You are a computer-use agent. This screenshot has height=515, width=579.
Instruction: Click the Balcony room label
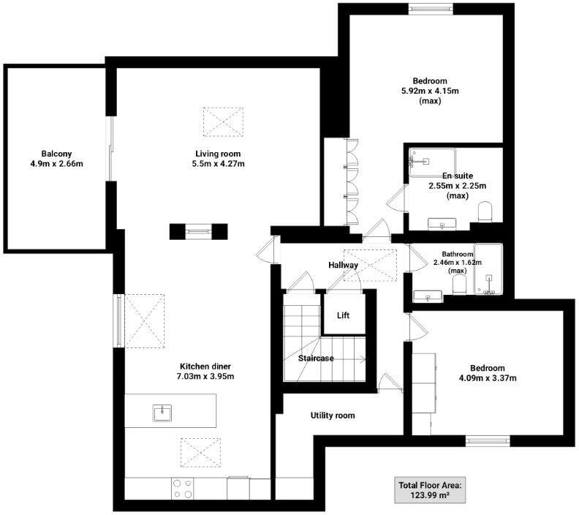[x=56, y=153]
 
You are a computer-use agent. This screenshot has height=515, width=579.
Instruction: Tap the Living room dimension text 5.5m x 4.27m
[x=218, y=164]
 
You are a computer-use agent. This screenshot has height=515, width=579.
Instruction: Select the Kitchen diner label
[x=207, y=366]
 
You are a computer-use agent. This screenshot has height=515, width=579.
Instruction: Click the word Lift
[x=343, y=315]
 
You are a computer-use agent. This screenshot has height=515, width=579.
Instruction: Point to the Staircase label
[x=316, y=358]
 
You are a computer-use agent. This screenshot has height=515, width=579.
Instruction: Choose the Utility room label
[x=333, y=416]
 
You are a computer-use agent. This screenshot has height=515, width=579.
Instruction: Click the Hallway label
[x=343, y=265]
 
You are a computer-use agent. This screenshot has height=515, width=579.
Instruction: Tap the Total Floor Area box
[x=431, y=490]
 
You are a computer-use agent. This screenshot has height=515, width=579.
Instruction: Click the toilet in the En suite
[x=486, y=212]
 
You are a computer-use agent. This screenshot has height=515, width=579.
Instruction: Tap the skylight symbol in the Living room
[x=222, y=121]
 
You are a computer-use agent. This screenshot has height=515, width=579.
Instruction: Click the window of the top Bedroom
[x=429, y=9]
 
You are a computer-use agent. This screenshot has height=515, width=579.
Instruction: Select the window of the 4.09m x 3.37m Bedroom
[x=488, y=440]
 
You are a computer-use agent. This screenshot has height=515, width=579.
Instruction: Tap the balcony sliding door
[x=111, y=150]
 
